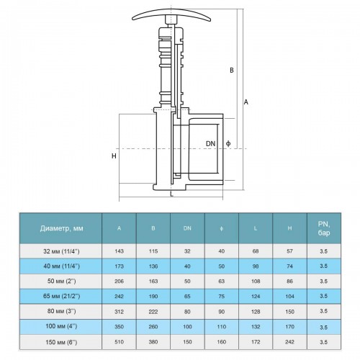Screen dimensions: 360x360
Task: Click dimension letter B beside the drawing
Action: coord(232,70)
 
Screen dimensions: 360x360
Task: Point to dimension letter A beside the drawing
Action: coord(246,102)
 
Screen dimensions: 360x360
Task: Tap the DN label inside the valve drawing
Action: coord(211,144)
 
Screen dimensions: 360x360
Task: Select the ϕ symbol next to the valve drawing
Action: coord(228,143)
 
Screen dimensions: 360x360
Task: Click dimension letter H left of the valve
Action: coord(114,156)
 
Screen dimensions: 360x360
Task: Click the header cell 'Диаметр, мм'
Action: coord(62,228)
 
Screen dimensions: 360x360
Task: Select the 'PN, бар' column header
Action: coord(324,228)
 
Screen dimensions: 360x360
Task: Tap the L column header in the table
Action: coord(256,228)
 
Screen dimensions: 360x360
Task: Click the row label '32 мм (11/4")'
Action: coord(61,251)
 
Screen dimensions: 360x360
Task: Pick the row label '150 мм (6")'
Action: coord(61,342)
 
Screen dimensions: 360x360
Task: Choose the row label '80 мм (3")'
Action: coord(62,312)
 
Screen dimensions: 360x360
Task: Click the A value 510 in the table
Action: coord(120,342)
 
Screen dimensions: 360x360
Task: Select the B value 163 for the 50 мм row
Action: coord(153,281)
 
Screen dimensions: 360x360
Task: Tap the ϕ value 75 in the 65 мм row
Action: coord(222,296)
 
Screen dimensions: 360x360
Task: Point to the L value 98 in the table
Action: coord(256,266)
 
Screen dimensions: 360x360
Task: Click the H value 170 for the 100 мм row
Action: coord(289,327)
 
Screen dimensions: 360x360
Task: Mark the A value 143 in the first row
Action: coord(120,251)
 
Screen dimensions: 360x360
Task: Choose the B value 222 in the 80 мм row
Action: coord(153,312)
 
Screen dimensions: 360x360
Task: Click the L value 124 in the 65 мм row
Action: coord(256,296)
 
